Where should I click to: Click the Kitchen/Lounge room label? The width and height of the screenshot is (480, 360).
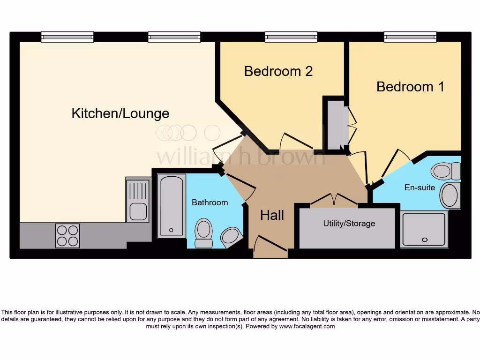pyautogui.click(x=120, y=113)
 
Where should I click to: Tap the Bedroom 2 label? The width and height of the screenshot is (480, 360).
pyautogui.click(x=278, y=71)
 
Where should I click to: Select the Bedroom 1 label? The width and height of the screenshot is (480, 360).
pyautogui.click(x=410, y=87)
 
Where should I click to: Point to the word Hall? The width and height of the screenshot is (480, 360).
pyautogui.click(x=272, y=215)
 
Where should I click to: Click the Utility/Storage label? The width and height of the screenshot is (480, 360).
pyautogui.click(x=349, y=224)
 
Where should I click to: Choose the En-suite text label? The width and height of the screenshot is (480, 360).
pyautogui.click(x=420, y=187)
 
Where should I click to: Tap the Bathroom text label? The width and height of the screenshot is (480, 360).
pyautogui.click(x=210, y=202)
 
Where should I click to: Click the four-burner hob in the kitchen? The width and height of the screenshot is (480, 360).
pyautogui.click(x=67, y=235)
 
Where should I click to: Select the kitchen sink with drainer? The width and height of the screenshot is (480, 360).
pyautogui.click(x=138, y=200)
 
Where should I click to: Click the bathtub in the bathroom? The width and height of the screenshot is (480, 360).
pyautogui.click(x=171, y=206)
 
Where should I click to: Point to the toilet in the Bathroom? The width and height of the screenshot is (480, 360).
pyautogui.click(x=203, y=233)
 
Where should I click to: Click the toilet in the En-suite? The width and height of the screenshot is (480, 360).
pyautogui.click(x=445, y=171)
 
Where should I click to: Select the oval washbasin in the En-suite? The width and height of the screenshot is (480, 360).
pyautogui.click(x=450, y=195)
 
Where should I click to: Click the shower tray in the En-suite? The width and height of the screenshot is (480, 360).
pyautogui.click(x=424, y=229)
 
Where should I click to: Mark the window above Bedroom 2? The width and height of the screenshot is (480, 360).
pyautogui.click(x=291, y=37)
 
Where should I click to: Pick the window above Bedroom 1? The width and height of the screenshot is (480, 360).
pyautogui.click(x=410, y=37)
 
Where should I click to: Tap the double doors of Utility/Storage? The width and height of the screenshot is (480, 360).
pyautogui.click(x=334, y=200)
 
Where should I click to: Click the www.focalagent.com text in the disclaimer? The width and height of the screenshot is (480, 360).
pyautogui.click(x=307, y=326)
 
